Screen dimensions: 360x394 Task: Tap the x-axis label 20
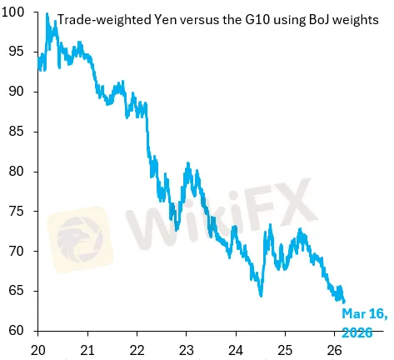tap(38, 348)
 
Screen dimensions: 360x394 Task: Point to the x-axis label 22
tap(137, 348)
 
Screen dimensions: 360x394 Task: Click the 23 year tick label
tap(187, 348)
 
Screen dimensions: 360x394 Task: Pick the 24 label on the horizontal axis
tap(236, 348)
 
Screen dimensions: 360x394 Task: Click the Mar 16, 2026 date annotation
tap(363, 321)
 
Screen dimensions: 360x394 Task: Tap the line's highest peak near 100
tap(47, 14)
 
